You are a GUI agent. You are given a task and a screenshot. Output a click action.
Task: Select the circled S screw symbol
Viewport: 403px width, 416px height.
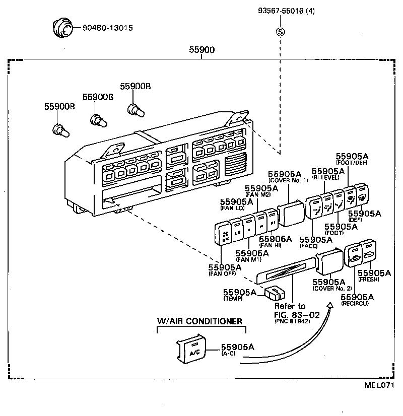(280, 32)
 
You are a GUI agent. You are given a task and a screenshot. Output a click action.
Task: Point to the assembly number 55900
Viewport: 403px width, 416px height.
(201, 50)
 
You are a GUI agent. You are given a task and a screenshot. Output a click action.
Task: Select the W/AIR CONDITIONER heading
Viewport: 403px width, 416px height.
(200, 321)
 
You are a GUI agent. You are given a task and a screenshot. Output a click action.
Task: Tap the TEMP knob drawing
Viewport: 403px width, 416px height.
(275, 294)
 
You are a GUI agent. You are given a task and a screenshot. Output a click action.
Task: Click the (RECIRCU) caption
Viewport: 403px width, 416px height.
(356, 304)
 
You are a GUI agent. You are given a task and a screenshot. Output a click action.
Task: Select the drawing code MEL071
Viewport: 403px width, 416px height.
(378, 386)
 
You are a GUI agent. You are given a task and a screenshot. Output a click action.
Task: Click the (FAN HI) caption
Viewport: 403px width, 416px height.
(271, 245)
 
